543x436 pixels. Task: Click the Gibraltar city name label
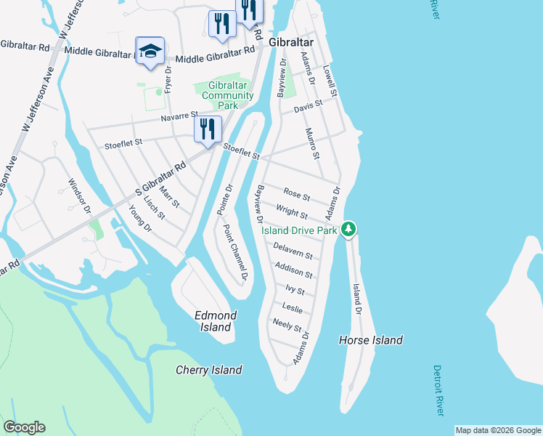291,43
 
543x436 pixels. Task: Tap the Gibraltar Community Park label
227,96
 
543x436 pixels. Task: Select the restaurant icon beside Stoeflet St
208,130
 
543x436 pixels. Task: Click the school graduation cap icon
150,51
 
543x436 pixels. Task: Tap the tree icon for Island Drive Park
349,230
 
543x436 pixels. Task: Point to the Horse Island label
370,340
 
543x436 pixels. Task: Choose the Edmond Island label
216,321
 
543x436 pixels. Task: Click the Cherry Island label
209,370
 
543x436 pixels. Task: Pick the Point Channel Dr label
235,253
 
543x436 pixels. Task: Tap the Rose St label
297,195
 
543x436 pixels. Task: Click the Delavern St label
293,251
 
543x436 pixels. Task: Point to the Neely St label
287,326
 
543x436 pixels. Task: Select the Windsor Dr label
78,196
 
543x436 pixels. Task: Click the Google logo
24,427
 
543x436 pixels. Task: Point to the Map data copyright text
497,430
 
